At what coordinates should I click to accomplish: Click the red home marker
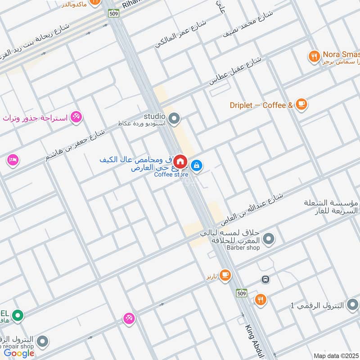(180, 162)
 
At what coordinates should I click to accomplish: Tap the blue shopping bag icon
(196, 166)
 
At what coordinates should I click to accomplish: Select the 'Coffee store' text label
(171, 175)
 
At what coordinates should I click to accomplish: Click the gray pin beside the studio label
(175, 119)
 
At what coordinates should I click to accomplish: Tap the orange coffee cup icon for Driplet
(301, 104)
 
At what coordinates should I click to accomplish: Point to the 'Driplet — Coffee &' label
(261, 105)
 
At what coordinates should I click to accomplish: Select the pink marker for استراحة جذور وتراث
(76, 117)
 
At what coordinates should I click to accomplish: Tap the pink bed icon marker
(13, 160)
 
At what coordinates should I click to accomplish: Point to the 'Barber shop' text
(243, 247)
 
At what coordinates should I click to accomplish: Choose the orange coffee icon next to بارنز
(225, 274)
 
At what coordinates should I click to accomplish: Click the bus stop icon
(265, 279)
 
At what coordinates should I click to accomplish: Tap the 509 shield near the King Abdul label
(242, 292)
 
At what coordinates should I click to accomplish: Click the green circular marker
(18, 316)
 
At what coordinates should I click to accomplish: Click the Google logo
(19, 353)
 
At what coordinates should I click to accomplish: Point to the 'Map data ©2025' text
(335, 355)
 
